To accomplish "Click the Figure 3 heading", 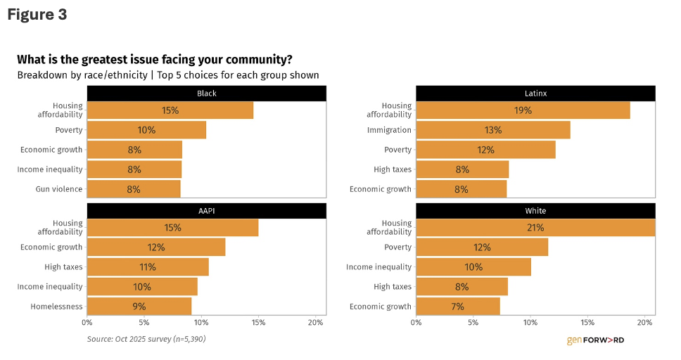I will coord(37,15).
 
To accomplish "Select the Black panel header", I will coord(206,93).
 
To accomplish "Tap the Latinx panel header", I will coord(535,93).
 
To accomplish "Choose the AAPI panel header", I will coord(206,211).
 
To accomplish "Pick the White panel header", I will coord(535,211).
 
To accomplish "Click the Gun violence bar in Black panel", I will coord(134,189).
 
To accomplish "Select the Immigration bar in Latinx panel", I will coord(492,130).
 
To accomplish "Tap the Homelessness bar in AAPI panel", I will coord(139,307).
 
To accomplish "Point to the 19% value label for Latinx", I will coord(523,110).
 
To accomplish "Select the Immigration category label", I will coord(389,130).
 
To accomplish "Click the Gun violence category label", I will coord(59,189).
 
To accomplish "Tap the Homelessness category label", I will coord(56,307).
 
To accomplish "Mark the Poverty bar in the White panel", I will coord(482,247).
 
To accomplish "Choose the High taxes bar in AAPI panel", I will coord(148,267).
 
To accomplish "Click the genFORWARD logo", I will coord(595,340).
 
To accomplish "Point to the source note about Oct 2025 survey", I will coord(146,339).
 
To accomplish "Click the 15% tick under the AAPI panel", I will coord(258,323).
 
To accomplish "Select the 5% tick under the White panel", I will coord(473,323).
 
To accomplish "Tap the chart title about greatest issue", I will coord(155,59).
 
